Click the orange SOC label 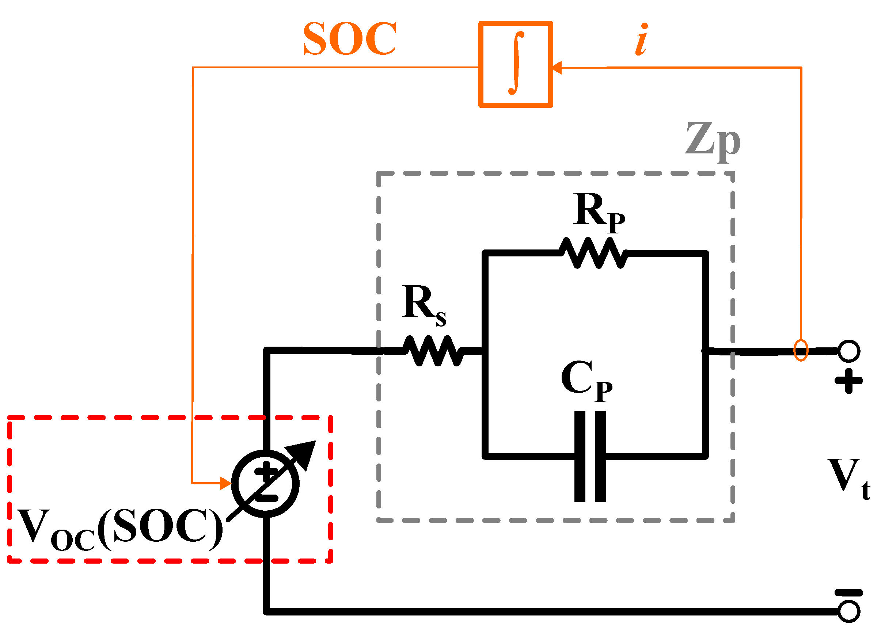(349, 39)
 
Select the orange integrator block (515, 64)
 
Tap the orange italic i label (642, 40)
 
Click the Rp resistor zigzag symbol (593, 253)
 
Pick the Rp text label (599, 212)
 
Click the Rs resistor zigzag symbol (433, 351)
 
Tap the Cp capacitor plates (590, 457)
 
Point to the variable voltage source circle (265, 483)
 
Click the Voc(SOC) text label (119, 529)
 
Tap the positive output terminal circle (849, 351)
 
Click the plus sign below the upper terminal (848, 381)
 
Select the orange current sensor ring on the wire (801, 350)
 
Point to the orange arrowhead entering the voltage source (225, 483)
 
